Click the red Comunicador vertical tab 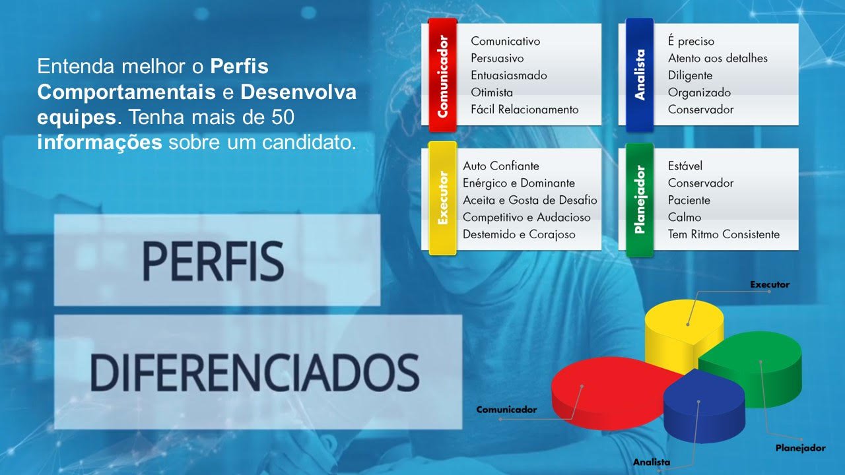[x=442, y=75]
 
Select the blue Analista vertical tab [x=640, y=75]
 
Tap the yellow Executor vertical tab [x=442, y=199]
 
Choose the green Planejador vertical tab [x=640, y=200]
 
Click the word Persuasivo [x=497, y=59]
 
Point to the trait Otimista [x=492, y=92]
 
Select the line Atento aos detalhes [x=718, y=59]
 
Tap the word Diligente [x=690, y=75]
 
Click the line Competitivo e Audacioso [x=527, y=218]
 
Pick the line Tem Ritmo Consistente [x=724, y=234]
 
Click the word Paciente [x=689, y=200]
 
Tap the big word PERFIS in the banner [x=213, y=261]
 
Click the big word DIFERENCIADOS [x=255, y=373]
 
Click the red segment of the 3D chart [x=607, y=392]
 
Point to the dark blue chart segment [x=704, y=407]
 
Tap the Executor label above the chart [x=770, y=284]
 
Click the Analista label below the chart [x=652, y=462]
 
